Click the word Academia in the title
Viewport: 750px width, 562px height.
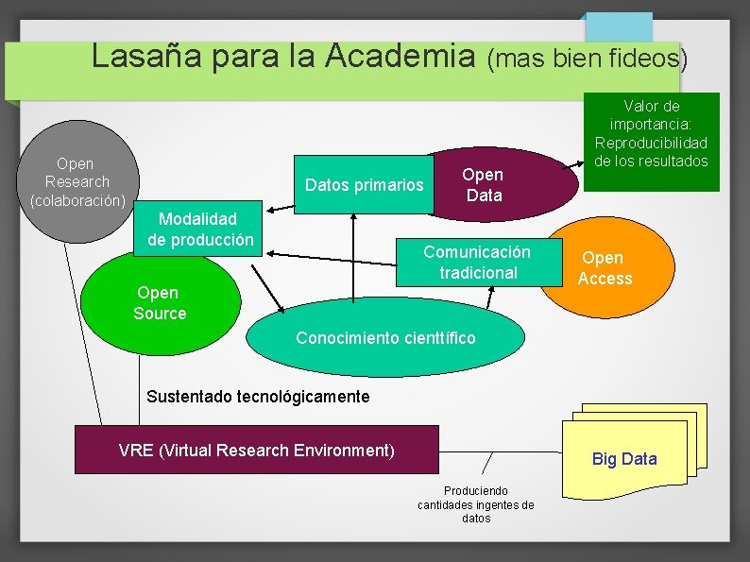coord(401,58)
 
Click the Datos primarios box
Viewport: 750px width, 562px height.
coord(364,185)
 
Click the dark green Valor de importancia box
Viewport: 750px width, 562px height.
coord(651,142)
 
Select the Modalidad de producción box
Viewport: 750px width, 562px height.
coord(200,230)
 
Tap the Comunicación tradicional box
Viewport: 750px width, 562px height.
coord(476,263)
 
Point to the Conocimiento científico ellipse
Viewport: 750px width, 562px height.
coord(385,338)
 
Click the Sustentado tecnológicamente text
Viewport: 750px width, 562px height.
coord(258,396)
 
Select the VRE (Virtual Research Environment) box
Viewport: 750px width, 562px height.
coord(257,450)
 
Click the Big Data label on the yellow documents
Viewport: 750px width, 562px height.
coord(623,459)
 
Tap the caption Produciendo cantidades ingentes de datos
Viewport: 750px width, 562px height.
coord(476,504)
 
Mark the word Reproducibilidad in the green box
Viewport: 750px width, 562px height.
coord(651,143)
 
